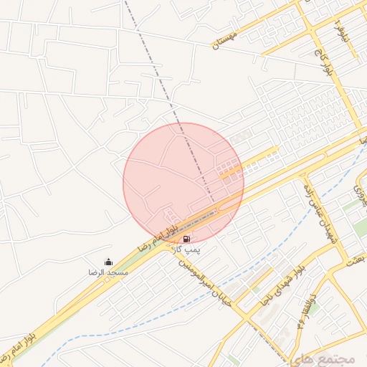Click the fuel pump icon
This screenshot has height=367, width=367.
pos(186,239)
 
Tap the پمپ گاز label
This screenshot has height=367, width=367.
pos(188,249)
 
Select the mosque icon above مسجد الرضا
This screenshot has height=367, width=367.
pos(108,262)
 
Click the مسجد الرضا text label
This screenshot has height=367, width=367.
pos(108,273)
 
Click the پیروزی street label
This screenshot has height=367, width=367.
pos(356,189)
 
